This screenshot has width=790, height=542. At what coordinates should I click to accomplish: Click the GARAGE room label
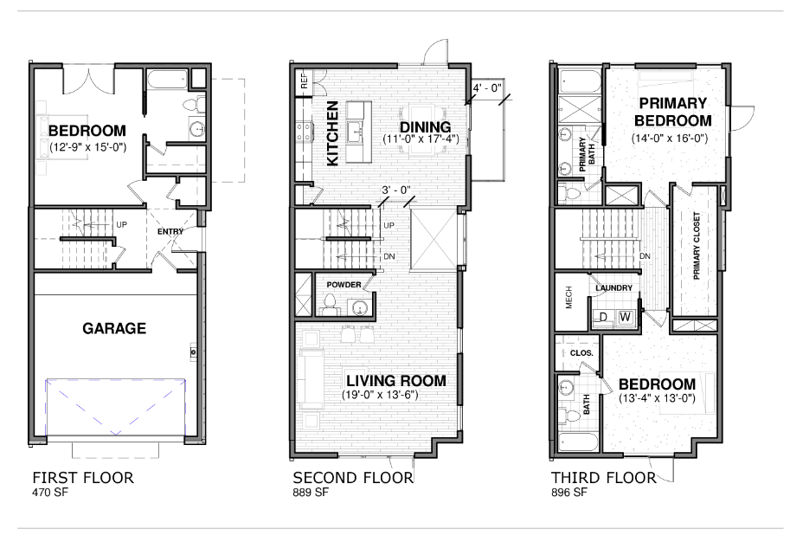tap(114, 329)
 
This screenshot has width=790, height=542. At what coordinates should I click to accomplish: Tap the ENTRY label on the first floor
tap(170, 231)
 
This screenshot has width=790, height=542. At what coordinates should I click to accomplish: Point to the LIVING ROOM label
tap(396, 381)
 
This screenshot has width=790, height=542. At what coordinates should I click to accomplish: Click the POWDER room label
tap(344, 284)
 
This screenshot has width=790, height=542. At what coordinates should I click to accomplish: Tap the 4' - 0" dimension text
tap(488, 88)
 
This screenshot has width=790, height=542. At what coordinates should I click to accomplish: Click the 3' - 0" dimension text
tap(395, 190)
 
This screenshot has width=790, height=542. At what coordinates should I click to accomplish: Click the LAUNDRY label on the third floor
tap(614, 287)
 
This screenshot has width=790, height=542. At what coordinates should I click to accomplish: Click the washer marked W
tap(625, 318)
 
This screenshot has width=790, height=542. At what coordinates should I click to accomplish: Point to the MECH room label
tap(569, 299)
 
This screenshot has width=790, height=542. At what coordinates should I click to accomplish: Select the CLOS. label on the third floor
tap(580, 353)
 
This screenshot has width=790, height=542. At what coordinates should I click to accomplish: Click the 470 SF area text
tap(51, 494)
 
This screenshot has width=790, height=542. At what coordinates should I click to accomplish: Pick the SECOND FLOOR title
tap(352, 478)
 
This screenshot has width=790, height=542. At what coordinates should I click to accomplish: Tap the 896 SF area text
tap(569, 494)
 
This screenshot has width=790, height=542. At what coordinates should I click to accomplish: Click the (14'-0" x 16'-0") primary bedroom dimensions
tap(670, 137)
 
